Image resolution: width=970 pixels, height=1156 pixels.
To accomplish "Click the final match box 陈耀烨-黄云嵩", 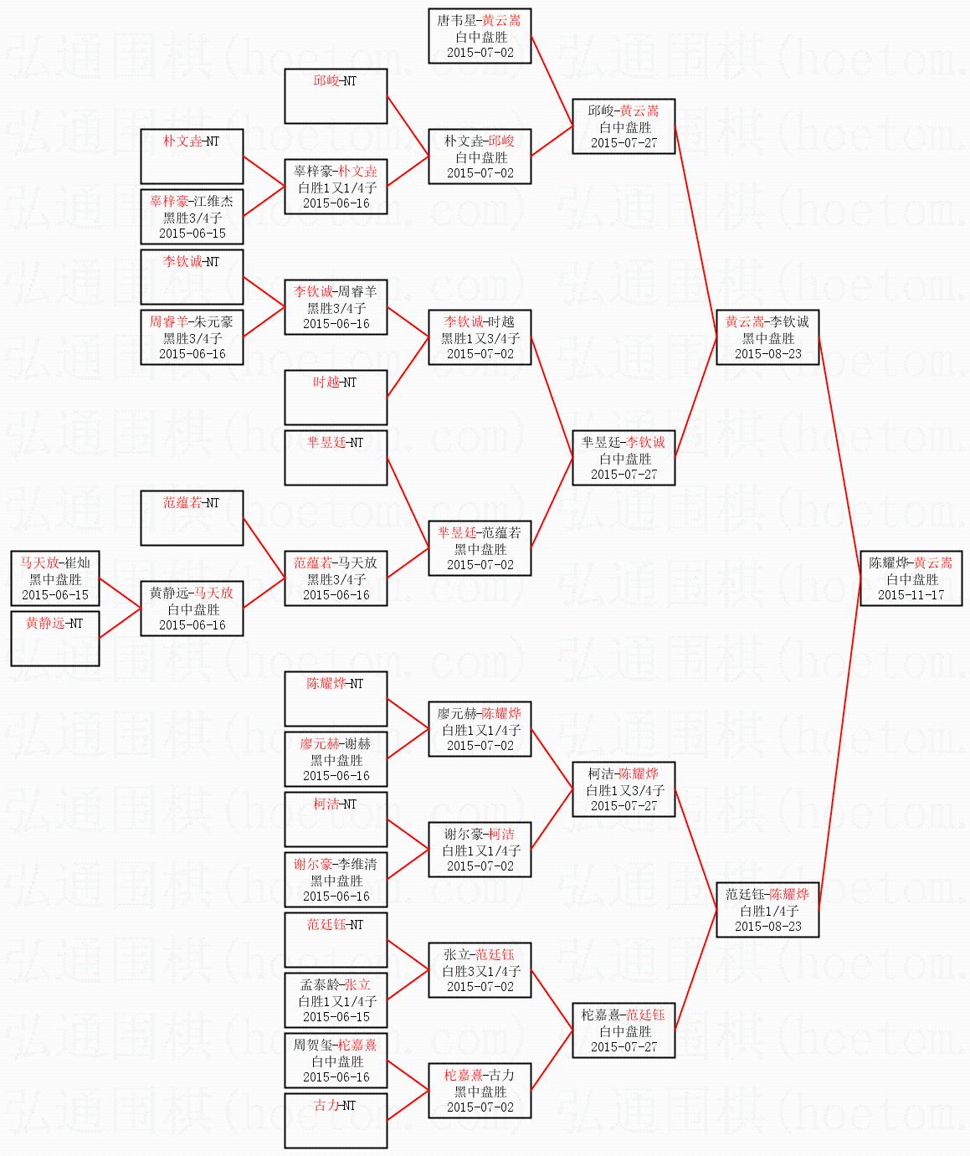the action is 911,578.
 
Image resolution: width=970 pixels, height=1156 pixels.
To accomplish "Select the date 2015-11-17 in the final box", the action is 911,595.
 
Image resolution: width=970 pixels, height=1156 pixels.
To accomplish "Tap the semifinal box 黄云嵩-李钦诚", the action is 767,337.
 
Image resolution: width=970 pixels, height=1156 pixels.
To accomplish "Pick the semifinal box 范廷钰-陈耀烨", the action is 767,910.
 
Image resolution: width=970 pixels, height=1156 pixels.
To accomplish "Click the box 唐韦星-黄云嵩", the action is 480,36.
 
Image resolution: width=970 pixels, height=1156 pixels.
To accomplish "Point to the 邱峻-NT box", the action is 336,96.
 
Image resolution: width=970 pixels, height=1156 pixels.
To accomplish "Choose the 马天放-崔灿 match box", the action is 54,578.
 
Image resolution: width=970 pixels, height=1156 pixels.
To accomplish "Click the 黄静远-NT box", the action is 54,639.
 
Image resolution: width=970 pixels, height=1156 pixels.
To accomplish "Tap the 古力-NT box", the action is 336,1120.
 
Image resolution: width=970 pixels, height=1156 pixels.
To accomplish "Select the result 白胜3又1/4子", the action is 481,971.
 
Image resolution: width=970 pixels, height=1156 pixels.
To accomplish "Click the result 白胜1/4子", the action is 769,911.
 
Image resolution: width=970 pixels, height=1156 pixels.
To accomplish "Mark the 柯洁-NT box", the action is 336,819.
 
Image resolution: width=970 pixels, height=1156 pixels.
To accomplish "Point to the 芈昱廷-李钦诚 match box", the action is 624,458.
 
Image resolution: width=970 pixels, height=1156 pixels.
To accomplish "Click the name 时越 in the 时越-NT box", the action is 326,382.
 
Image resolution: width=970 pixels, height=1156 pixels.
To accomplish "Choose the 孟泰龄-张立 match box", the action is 336,999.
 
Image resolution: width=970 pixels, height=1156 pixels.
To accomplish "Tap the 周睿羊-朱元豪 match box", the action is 192,337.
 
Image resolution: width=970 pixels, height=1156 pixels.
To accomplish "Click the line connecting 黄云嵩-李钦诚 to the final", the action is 839,457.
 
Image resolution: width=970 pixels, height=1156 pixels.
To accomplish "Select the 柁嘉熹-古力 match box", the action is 480,1090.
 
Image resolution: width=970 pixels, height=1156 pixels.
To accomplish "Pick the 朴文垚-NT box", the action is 192,157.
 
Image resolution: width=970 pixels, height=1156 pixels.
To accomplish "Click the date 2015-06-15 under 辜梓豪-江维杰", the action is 192,234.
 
